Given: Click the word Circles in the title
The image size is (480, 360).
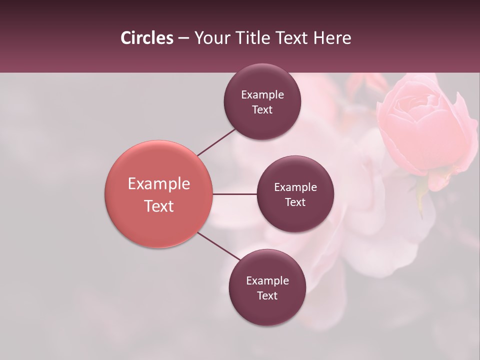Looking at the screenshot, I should tap(146, 38).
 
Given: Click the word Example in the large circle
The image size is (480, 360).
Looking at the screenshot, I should tap(159, 184).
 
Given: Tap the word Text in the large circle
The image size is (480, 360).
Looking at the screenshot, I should tap(159, 206).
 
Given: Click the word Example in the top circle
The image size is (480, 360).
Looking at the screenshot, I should tap(262, 95).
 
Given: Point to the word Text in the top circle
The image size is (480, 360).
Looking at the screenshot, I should tap(262, 110).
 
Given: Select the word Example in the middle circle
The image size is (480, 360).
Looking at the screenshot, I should tap(295, 187).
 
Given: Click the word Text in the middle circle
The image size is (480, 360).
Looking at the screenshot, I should tap(295, 202).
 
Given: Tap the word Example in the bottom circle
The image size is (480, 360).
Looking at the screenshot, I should tap(267, 281).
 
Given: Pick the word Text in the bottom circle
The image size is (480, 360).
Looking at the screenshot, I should tap(267, 296).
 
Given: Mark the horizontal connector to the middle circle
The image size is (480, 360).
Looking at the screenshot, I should tap(235, 194).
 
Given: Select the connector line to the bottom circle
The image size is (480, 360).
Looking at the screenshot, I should tap(219, 246).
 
